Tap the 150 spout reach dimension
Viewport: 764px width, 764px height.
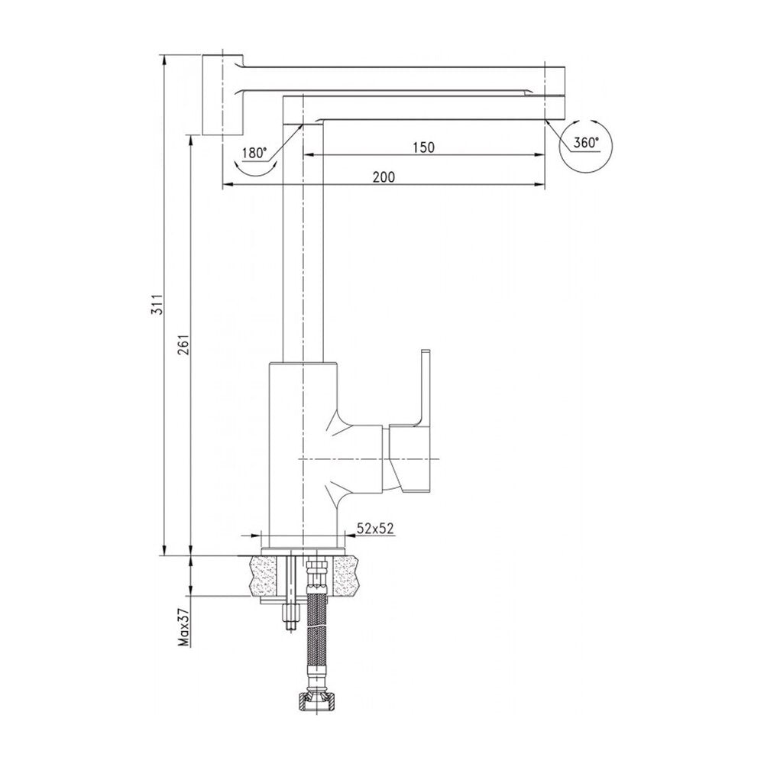423,147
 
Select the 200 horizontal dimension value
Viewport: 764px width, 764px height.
384,176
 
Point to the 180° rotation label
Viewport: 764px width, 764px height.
255,153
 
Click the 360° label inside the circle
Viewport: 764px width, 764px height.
586,142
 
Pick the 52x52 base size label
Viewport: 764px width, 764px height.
375,528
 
